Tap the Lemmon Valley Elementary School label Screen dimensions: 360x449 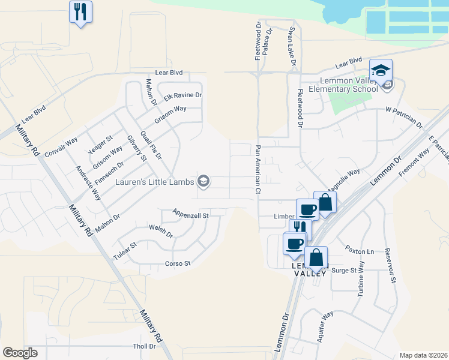pyautogui.click(x=343, y=84)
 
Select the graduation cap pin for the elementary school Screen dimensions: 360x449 pyautogui.click(x=381, y=71)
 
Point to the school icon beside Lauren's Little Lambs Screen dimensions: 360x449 pyautogui.click(x=203, y=181)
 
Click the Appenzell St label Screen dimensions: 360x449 pyautogui.click(x=190, y=214)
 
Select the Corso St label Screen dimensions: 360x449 pyautogui.click(x=178, y=263)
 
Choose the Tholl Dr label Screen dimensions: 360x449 pyautogui.click(x=144, y=346)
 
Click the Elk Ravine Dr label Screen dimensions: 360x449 pyautogui.click(x=183, y=95)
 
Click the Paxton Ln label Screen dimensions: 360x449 pyautogui.click(x=359, y=249)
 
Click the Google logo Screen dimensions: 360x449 pyautogui.click(x=20, y=353)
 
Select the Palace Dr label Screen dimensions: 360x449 pyautogui.click(x=268, y=40)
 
